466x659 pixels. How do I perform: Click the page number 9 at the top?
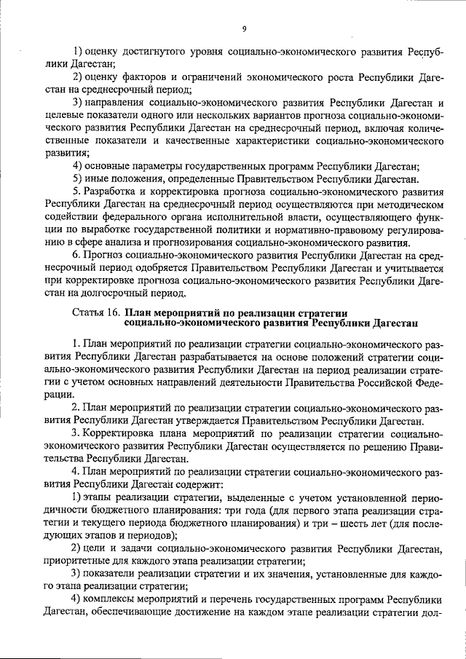tap(245, 28)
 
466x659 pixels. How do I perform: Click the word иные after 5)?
tap(99, 179)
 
